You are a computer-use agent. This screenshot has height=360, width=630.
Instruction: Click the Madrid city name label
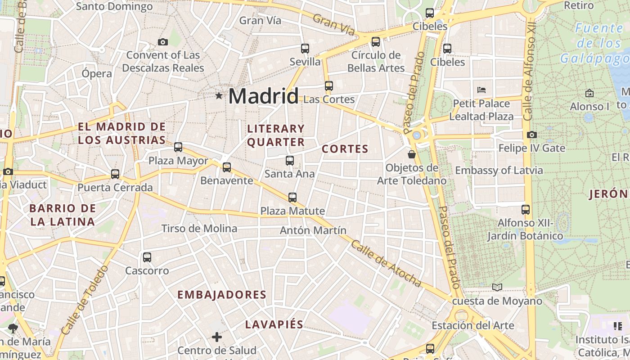pos(263,96)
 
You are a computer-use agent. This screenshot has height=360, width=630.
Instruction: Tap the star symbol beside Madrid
pos(219,95)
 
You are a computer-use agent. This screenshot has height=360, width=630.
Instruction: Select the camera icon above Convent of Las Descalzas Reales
pos(163,42)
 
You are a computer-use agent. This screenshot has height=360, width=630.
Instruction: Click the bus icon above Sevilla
pos(305,49)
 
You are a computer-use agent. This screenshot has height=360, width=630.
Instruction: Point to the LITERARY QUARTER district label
pos(276,135)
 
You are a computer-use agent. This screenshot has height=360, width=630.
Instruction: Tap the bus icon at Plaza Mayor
pos(178,147)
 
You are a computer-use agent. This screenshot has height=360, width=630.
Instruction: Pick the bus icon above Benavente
pos(227,167)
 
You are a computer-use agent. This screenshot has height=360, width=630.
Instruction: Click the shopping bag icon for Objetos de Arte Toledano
pos(411,155)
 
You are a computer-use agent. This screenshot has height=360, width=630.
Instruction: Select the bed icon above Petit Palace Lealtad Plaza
pos(481,90)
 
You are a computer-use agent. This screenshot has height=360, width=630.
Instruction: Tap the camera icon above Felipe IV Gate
pos(531,135)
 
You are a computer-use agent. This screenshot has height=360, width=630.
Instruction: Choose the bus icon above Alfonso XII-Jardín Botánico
pos(526,210)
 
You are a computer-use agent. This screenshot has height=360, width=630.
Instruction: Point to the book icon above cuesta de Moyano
pos(497,287)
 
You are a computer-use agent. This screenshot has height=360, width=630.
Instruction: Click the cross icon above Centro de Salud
pos(217,337)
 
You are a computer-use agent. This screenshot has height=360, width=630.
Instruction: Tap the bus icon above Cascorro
pos(147,257)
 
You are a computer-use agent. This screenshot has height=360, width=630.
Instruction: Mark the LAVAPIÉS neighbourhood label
pos(274,324)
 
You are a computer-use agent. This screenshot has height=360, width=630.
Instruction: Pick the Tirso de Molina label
pos(199,229)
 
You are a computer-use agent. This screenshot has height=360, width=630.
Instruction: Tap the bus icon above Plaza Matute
pos(292,198)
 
